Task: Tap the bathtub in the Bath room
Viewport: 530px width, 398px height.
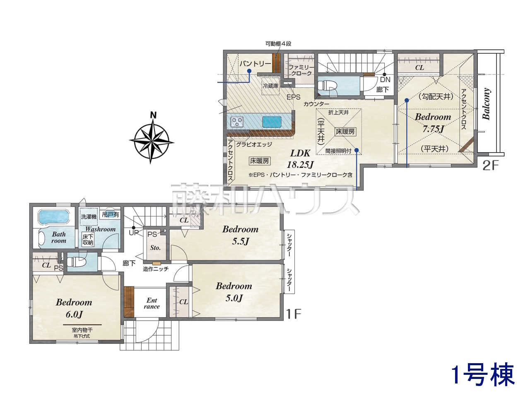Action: coord(53,217)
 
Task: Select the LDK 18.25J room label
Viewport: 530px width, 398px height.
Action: coord(300,159)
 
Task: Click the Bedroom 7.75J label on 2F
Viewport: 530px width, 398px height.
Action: coord(433,123)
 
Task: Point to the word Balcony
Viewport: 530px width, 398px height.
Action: coord(486,104)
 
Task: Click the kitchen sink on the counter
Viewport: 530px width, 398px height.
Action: coord(272,121)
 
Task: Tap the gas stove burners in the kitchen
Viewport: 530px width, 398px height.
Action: coord(237,121)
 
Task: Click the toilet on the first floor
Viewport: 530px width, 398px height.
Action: coord(76,262)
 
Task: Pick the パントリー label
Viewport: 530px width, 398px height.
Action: coord(255,64)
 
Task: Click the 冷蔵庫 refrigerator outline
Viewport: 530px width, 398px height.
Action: coord(271,86)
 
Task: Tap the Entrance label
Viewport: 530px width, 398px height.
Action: coord(152,303)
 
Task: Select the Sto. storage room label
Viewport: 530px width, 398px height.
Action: coord(155,248)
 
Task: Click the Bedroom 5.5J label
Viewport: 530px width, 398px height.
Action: coord(240,235)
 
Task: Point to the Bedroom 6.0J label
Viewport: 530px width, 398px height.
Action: coord(74,308)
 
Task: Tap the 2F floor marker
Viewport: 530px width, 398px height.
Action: coord(490,165)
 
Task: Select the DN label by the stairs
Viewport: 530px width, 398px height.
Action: coord(385,80)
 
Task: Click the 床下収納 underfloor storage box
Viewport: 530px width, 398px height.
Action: coord(88,240)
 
